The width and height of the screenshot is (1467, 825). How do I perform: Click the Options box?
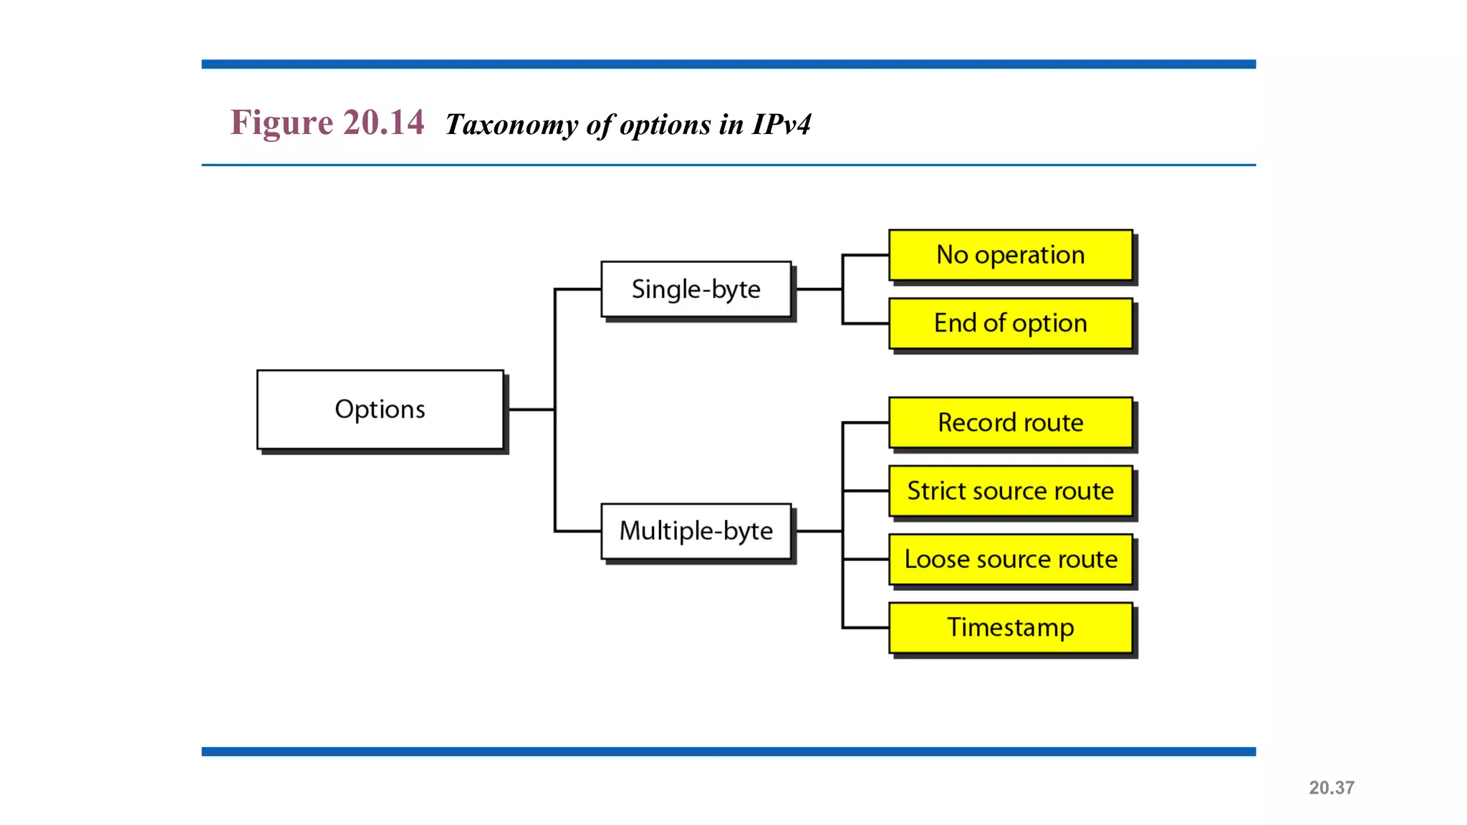pos(380,410)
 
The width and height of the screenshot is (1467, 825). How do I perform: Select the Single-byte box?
pos(696,289)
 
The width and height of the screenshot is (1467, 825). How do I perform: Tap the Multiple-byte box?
pos(696,531)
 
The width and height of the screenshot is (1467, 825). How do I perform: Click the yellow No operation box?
pos(1010,255)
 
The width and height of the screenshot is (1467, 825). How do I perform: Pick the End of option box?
pos(1010,324)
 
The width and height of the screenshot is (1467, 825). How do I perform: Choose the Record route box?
pos(1010,423)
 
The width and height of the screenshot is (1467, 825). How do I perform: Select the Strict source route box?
pos(1010,491)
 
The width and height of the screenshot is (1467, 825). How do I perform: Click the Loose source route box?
pos(1010,559)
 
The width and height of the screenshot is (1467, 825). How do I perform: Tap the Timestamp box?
pos(1010,628)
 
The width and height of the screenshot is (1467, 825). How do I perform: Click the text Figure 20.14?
pos(327,122)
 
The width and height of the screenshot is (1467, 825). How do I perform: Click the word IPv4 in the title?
pos(781,125)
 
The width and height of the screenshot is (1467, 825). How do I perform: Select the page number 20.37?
pos(1331,788)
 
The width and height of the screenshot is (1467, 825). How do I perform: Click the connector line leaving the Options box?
pos(531,410)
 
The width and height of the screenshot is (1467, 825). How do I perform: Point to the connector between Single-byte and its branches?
pos(819,289)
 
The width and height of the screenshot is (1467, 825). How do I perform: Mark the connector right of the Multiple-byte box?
pos(819,531)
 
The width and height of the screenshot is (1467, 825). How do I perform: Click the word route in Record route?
pos(1052,423)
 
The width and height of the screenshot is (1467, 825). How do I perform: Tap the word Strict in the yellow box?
pos(934,491)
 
